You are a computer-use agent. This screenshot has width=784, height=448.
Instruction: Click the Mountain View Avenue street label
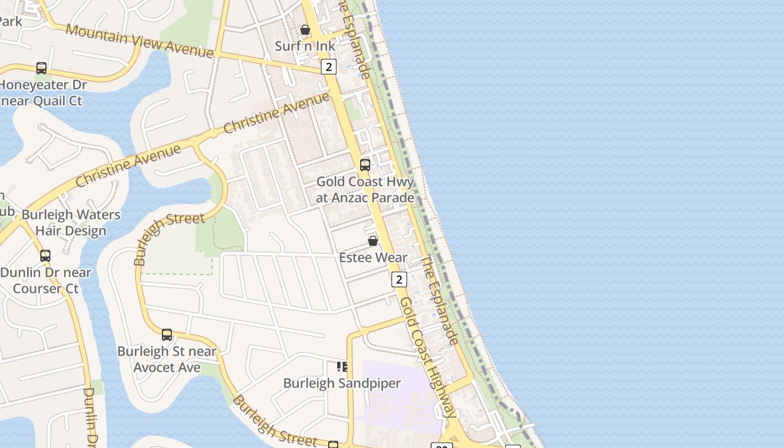[139, 40]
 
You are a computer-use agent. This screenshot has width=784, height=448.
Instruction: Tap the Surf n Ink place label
[305, 46]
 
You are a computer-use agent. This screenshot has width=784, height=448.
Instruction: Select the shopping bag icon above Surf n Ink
[305, 30]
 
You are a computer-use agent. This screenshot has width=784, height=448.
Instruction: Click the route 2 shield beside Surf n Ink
[328, 67]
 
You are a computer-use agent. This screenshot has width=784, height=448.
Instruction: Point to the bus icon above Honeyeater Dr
[41, 68]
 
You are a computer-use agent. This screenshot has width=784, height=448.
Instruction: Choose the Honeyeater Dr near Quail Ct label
[43, 93]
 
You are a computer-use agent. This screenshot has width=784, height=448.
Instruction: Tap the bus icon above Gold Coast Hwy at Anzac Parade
[365, 165]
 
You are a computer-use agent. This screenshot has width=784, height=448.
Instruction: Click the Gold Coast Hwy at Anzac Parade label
[365, 189]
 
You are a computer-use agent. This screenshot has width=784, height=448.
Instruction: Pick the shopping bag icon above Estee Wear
[373, 241]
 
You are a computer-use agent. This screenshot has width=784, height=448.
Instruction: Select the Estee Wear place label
[373, 258]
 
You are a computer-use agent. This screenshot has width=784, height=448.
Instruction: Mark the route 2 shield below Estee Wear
[399, 279]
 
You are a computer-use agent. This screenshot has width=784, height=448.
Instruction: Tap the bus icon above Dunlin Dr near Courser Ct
[45, 256]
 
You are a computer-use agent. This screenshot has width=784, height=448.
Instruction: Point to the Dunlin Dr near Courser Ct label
[45, 281]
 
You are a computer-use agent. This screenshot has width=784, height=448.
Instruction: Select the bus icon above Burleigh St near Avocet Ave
[167, 335]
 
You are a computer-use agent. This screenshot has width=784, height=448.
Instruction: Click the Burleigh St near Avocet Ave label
[167, 360]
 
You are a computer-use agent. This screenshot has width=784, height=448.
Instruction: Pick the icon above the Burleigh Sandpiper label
[342, 367]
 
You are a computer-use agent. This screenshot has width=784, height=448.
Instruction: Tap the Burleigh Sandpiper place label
[342, 384]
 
